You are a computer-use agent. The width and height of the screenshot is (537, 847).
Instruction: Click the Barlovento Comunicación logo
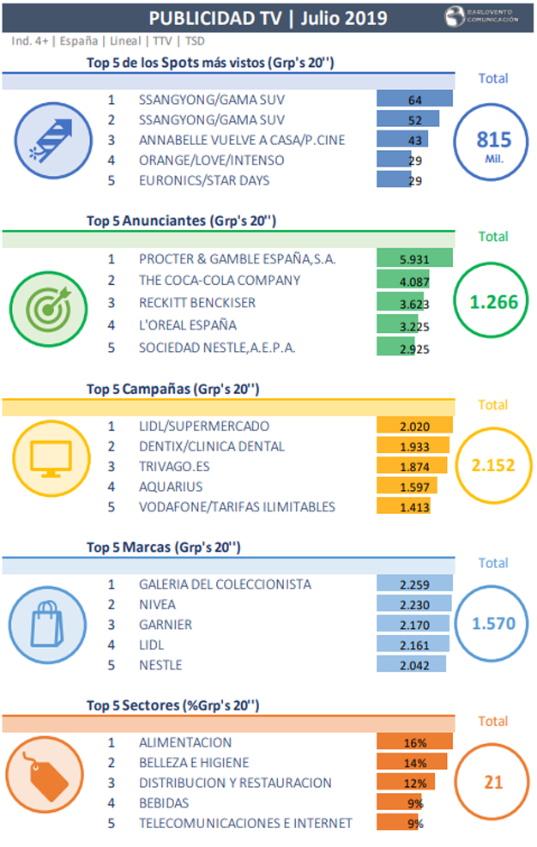[481, 17]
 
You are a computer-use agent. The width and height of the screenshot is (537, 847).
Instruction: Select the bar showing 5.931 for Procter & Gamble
[414, 258]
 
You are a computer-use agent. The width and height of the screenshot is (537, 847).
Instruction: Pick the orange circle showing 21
[492, 782]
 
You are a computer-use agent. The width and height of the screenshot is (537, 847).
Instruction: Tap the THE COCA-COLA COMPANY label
[220, 281]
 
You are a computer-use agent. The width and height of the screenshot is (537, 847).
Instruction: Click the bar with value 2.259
[414, 584]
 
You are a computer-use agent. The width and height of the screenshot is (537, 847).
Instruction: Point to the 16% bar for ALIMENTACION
[414, 742]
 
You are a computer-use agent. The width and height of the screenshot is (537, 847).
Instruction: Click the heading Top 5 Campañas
[172, 389]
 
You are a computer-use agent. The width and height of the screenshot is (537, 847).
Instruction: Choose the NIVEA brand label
[157, 604]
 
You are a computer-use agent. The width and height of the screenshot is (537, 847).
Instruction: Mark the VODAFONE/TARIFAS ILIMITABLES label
[237, 506]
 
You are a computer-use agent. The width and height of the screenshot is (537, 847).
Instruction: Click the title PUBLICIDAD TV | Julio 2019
[268, 18]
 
